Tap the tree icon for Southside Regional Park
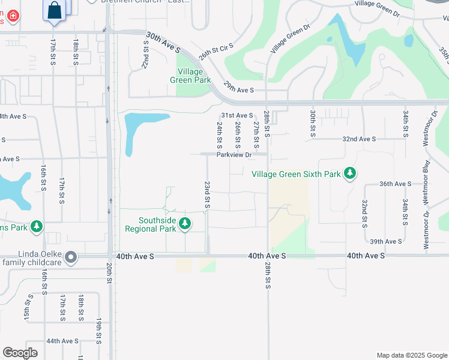point(185,224)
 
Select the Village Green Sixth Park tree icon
point(350,174)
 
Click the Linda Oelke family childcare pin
point(71,258)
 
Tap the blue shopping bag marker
point(55,10)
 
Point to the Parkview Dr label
point(234,154)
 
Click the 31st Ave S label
point(237,115)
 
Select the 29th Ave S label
point(239,90)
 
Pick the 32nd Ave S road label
point(358,139)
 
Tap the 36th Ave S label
point(396,184)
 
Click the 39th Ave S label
point(385,241)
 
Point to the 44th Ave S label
point(62,341)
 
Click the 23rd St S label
point(207,196)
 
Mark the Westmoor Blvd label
point(426,180)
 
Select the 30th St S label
point(313,123)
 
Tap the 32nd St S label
point(364,214)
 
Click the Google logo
point(20,353)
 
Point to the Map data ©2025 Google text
point(411,355)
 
